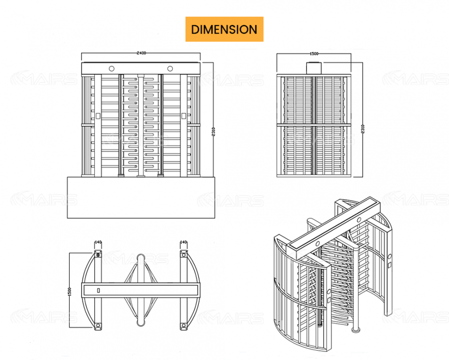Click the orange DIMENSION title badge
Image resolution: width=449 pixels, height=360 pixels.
point(224,29)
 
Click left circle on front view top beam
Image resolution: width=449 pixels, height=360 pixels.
point(111,68)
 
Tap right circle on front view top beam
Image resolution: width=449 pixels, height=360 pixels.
point(170,68)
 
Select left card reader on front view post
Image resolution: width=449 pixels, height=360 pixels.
point(98,116)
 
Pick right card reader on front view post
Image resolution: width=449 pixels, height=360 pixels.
point(184,116)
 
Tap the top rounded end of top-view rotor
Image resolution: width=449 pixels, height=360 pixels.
point(141,257)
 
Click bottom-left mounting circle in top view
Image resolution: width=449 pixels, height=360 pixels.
point(98,325)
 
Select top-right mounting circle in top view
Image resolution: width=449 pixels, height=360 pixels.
point(184,254)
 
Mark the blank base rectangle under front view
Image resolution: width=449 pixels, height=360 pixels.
point(141,197)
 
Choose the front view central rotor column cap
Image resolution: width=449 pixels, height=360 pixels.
point(141,76)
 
